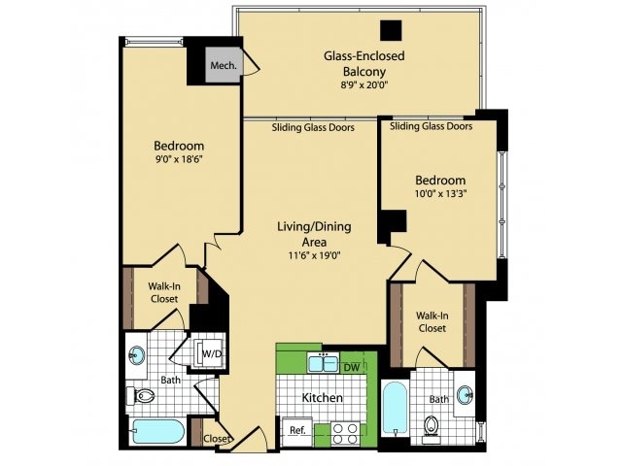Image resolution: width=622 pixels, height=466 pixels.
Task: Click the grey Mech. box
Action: pyautogui.click(x=220, y=66)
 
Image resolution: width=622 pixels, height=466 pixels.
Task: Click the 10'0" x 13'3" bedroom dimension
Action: pyautogui.click(x=440, y=195)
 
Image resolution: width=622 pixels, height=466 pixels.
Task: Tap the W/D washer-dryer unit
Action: pyautogui.click(x=211, y=354)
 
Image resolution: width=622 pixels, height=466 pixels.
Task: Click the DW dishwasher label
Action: pyautogui.click(x=352, y=366)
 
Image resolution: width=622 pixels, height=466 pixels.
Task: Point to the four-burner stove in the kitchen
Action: pyautogui.click(x=345, y=432)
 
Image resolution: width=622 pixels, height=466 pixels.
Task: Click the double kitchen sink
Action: pyautogui.click(x=322, y=364)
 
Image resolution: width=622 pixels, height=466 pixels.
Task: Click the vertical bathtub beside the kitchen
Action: pyautogui.click(x=393, y=412)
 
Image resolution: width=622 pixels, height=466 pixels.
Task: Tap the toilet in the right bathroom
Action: pyautogui.click(x=432, y=426)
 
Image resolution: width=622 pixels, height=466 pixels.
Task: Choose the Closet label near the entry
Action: pyautogui.click(x=217, y=439)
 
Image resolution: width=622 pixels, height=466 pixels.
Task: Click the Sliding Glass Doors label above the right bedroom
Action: pyautogui.click(x=431, y=126)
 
